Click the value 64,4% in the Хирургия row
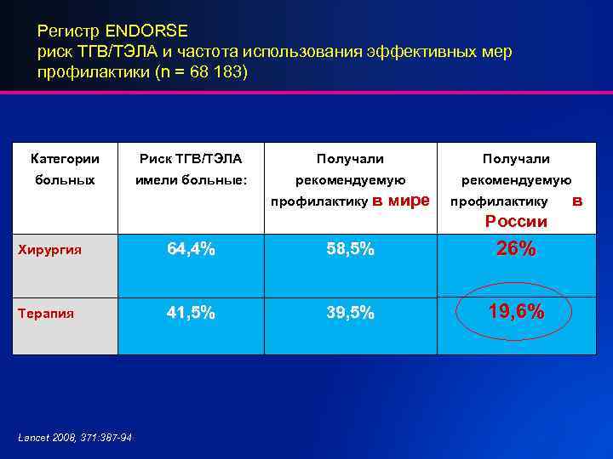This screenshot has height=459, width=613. click(x=191, y=249)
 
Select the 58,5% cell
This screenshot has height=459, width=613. click(x=351, y=249)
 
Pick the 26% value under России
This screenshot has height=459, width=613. click(x=515, y=249)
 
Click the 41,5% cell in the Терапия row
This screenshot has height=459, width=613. click(x=191, y=312)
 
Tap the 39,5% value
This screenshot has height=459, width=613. click(x=351, y=312)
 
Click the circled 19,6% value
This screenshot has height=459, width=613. click(x=515, y=312)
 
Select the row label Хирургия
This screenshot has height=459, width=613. click(x=53, y=250)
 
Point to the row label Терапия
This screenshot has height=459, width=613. click(x=49, y=313)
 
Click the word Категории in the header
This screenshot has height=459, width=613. click(x=65, y=159)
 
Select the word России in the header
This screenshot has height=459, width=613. click(x=516, y=222)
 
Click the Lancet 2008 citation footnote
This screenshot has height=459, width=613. click(x=75, y=437)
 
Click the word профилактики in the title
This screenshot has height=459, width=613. click(x=84, y=72)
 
